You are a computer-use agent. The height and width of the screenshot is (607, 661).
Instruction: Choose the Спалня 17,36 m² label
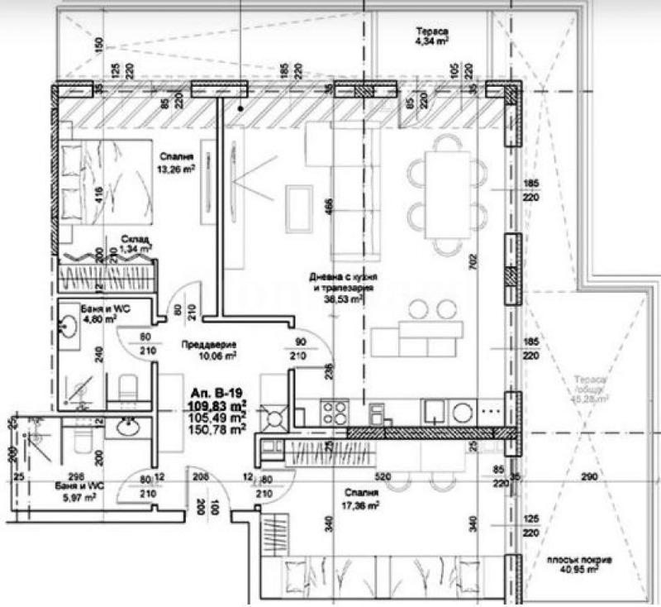point(362,499)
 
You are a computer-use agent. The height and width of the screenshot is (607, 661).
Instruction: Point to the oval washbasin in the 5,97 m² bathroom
point(127,427)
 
